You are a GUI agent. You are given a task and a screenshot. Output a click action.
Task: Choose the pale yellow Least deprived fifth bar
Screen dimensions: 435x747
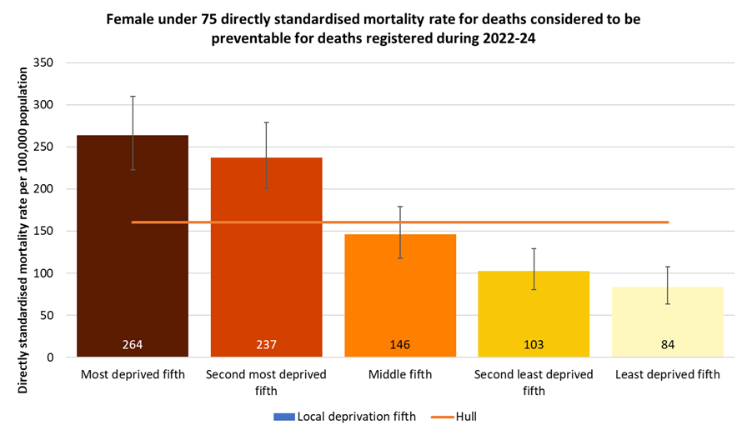tap(667, 321)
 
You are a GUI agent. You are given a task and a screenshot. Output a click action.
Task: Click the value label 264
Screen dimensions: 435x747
tap(133, 344)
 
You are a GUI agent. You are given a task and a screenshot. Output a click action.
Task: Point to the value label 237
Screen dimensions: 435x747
tap(266, 344)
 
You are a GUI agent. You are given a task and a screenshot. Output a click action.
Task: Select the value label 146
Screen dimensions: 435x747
tap(400, 344)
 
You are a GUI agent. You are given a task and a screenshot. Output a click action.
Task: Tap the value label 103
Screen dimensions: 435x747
tap(534, 344)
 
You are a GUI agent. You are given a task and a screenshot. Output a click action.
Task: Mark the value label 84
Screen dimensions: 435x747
tap(667, 344)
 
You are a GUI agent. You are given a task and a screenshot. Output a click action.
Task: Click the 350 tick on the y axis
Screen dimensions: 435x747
tap(43, 63)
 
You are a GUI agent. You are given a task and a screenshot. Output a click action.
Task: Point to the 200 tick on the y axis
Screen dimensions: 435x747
tap(43, 189)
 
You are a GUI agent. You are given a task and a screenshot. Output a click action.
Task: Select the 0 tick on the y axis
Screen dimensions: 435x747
tap(50, 357)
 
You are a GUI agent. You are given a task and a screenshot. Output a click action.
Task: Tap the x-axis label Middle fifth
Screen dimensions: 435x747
tap(400, 375)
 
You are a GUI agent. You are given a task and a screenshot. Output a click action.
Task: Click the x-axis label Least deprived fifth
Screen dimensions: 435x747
tap(667, 375)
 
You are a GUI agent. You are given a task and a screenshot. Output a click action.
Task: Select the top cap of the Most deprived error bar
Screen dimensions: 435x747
tap(133, 97)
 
